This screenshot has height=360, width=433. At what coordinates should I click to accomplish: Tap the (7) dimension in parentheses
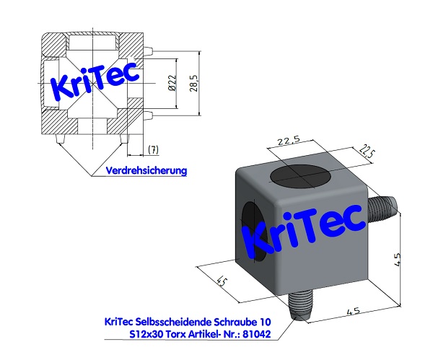point(152,149)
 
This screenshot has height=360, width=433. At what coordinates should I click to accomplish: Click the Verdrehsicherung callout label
point(146,171)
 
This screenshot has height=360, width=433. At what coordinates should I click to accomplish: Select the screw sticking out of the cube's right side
point(380,209)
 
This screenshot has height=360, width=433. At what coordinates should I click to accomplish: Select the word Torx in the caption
point(171,335)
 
